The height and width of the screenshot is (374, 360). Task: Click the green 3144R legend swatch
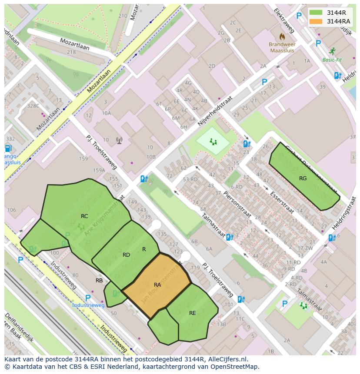click(x=316, y=13)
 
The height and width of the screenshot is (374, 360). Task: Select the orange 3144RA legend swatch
click(x=316, y=21)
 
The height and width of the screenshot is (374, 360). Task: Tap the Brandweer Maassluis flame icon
click(x=282, y=36)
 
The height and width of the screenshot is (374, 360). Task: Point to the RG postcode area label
click(x=303, y=179)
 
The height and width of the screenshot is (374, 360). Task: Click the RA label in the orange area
click(x=157, y=285)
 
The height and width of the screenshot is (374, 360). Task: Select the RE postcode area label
click(x=192, y=313)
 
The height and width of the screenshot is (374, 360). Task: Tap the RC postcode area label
click(x=84, y=216)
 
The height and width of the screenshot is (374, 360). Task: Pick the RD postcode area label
click(x=126, y=255)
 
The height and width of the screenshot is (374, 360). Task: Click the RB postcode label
click(x=99, y=281)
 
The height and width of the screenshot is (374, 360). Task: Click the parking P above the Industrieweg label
click(x=88, y=298)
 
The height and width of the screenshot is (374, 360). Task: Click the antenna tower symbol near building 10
click(x=119, y=140)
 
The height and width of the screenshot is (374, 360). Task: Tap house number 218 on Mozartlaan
click(x=71, y=52)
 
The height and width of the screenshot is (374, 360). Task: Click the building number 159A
click(x=99, y=170)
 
